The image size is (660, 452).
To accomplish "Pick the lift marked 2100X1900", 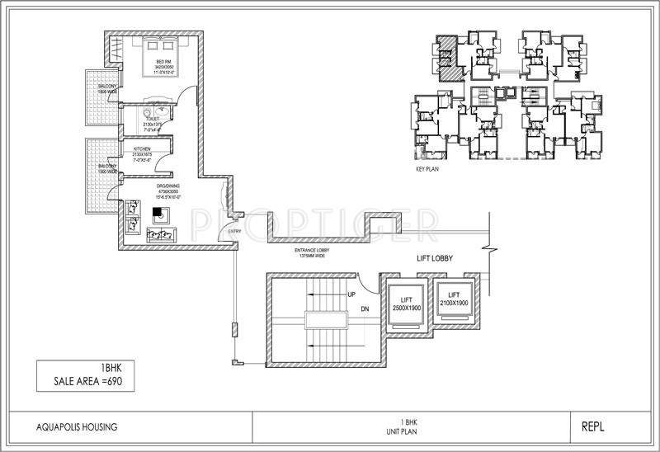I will pyautogui.click(x=452, y=299).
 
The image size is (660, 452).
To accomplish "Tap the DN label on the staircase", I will pyautogui.click(x=364, y=310).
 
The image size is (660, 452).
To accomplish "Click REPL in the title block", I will pyautogui.click(x=595, y=426).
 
